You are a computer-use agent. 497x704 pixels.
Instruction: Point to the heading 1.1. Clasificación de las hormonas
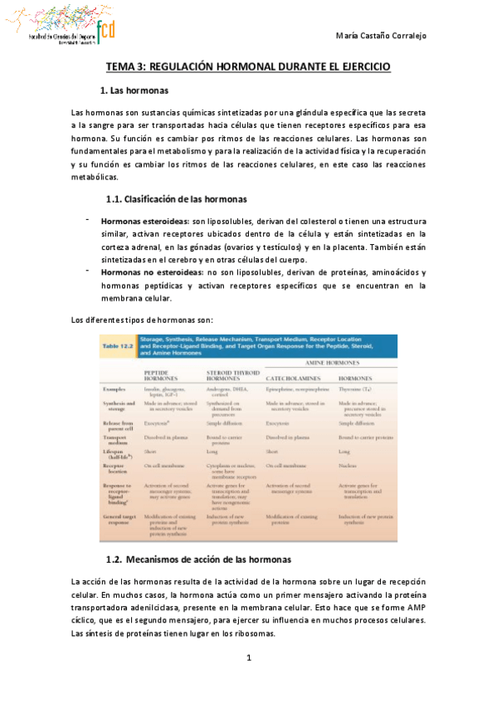[175, 198]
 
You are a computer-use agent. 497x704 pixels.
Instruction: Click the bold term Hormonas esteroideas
[144, 222]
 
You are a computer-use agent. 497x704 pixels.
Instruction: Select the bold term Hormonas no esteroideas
[151, 272]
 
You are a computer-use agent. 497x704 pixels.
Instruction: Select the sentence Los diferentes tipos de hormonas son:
[142, 320]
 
